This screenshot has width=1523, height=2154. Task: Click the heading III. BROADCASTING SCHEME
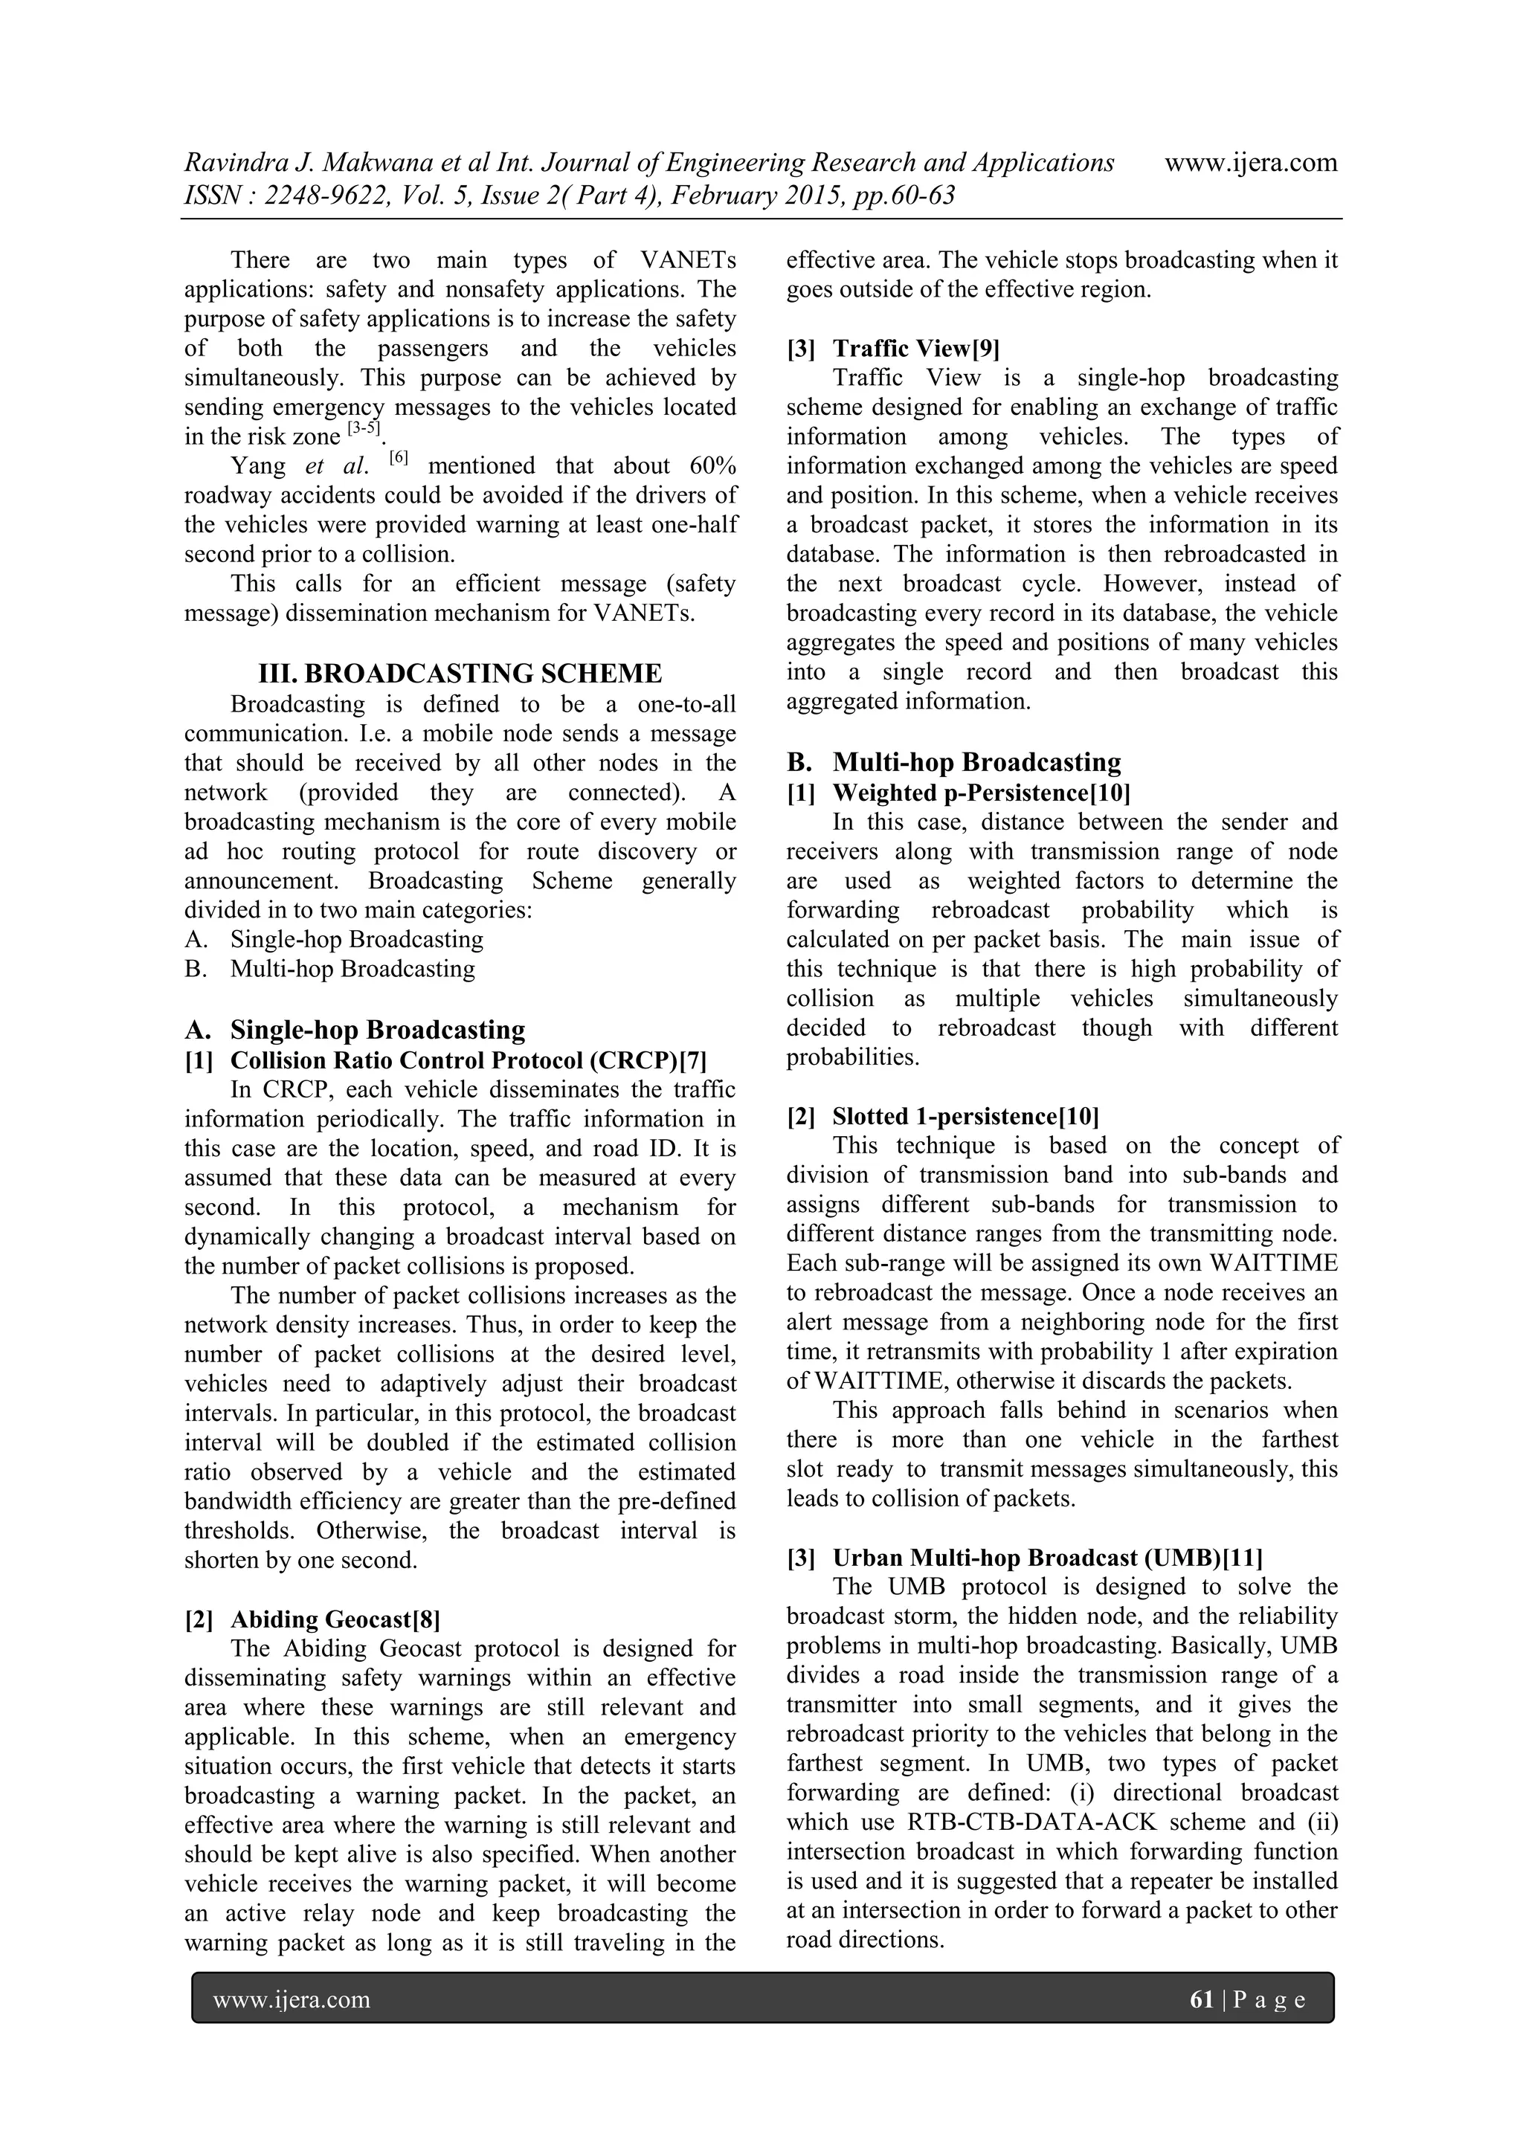[x=460, y=674]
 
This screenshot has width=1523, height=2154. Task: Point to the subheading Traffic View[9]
[x=916, y=349]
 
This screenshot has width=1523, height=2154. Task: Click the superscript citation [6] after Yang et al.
[x=399, y=459]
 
